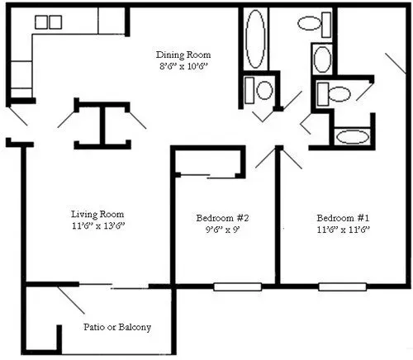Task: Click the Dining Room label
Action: coord(183,54)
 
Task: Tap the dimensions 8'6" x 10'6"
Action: coord(183,66)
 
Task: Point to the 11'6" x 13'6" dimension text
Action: coord(98,226)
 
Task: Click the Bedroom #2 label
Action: coord(222,218)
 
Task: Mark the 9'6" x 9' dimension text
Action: coord(223,230)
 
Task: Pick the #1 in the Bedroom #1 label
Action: coord(363,218)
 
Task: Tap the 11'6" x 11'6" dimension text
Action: coord(343,230)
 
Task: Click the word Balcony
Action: coord(135,327)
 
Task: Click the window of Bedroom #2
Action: coord(238,287)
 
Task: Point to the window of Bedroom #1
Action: coord(343,287)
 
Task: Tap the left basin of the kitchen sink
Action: coord(41,22)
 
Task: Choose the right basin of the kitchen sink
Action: coord(55,22)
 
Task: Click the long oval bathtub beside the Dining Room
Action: coord(255,39)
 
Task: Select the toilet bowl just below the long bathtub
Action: coord(265,90)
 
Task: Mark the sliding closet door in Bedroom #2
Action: coord(208,177)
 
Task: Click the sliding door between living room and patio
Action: coord(114,286)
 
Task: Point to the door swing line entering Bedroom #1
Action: coord(292,158)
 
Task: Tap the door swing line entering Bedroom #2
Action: coord(265,158)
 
